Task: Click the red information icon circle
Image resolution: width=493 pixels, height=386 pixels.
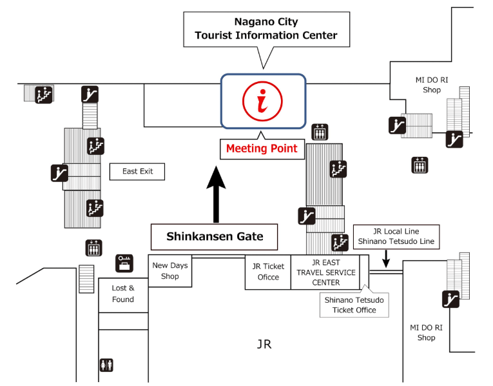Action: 262,101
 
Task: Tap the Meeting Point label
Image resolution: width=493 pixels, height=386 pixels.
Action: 262,148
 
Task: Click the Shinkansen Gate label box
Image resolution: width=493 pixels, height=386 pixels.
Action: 215,236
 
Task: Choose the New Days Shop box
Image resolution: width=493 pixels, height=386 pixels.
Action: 169,271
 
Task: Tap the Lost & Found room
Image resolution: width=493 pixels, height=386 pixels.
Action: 123,294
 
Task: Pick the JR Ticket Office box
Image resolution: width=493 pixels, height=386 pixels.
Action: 268,272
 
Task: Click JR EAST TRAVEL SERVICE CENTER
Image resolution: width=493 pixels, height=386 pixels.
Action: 325,272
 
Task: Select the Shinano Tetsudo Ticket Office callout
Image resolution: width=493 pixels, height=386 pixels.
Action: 354,304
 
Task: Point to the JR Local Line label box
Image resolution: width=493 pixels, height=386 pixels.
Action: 396,236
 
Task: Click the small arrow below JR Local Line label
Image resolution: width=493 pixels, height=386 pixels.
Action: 385,259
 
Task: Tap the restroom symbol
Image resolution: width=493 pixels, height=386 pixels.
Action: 106,365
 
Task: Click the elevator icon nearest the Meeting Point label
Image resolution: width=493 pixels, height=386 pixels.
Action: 320,132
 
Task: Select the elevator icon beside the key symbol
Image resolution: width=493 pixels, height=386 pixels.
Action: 94,247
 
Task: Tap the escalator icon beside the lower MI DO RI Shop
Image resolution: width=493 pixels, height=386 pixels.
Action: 450,299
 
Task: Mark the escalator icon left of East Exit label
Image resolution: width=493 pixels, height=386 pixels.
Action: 60,172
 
